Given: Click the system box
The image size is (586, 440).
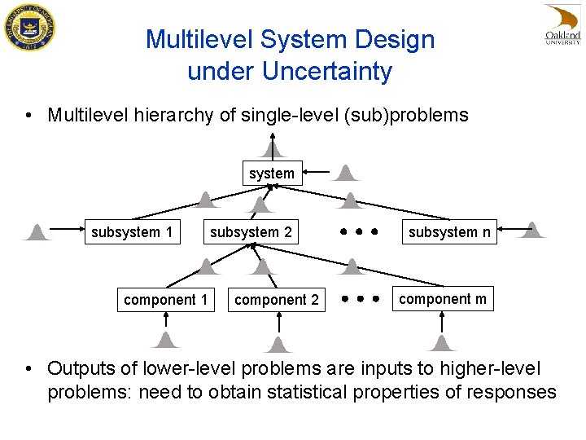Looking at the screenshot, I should click(271, 173).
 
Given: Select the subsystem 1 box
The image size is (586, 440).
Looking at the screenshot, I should click(132, 232).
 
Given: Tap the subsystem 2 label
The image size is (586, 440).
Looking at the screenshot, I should click(251, 232).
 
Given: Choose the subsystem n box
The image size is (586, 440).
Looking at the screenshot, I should click(449, 232).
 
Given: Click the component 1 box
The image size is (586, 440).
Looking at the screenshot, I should click(165, 300).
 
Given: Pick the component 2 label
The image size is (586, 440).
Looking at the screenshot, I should click(277, 300).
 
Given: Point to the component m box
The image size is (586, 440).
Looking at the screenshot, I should click(443, 298).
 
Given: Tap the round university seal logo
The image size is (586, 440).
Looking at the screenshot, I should click(28, 28).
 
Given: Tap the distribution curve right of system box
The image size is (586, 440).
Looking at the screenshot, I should click(348, 172).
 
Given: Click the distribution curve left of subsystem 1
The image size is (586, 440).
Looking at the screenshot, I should click(37, 232).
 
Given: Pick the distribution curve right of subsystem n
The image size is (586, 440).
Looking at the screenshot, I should click(532, 230).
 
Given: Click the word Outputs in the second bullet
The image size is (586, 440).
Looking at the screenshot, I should click(82, 369).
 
